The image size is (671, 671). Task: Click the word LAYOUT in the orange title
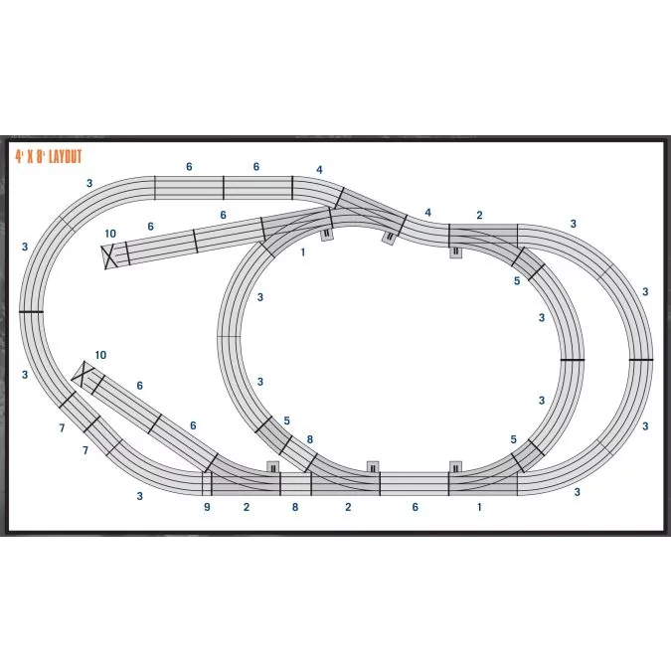point(65,157)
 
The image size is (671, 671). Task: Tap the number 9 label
point(207,508)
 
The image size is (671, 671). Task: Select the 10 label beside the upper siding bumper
point(110,234)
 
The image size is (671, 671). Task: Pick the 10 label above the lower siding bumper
point(100,355)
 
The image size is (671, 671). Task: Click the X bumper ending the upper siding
point(109,256)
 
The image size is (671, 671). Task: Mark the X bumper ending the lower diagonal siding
point(84,373)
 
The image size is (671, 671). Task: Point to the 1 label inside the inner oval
point(303,252)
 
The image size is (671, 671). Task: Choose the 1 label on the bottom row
point(479,507)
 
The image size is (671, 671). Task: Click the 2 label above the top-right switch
point(479,216)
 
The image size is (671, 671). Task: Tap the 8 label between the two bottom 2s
point(295,507)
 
